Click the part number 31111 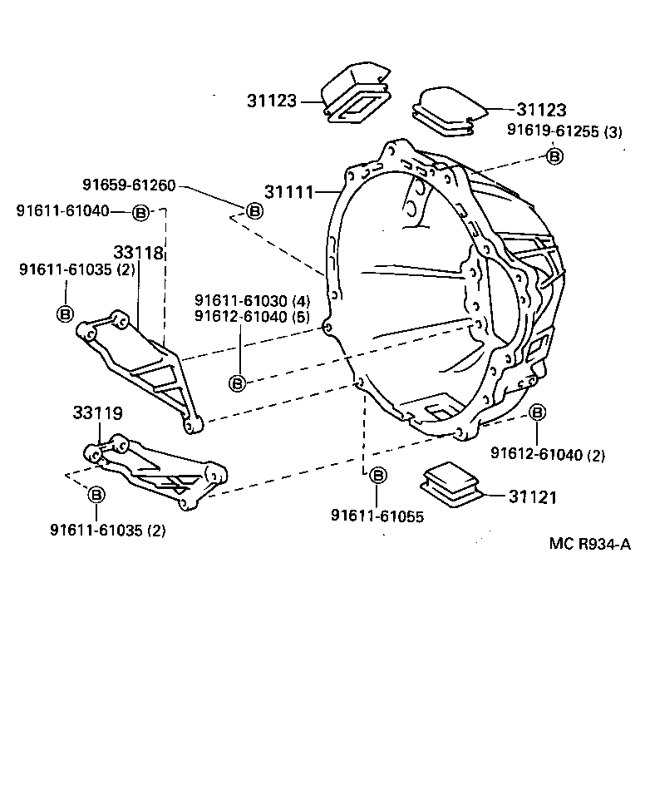coord(289,192)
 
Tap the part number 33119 coord(97,412)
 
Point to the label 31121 coord(532,497)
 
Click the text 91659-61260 coord(129,185)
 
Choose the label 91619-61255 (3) coord(564,131)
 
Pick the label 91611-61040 coord(62,211)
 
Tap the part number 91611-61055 coord(377,516)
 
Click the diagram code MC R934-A coord(590,545)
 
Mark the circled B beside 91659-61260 coord(254,211)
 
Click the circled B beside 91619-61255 coord(554,156)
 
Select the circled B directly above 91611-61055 coord(377,476)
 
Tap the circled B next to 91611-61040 coord(140,213)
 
